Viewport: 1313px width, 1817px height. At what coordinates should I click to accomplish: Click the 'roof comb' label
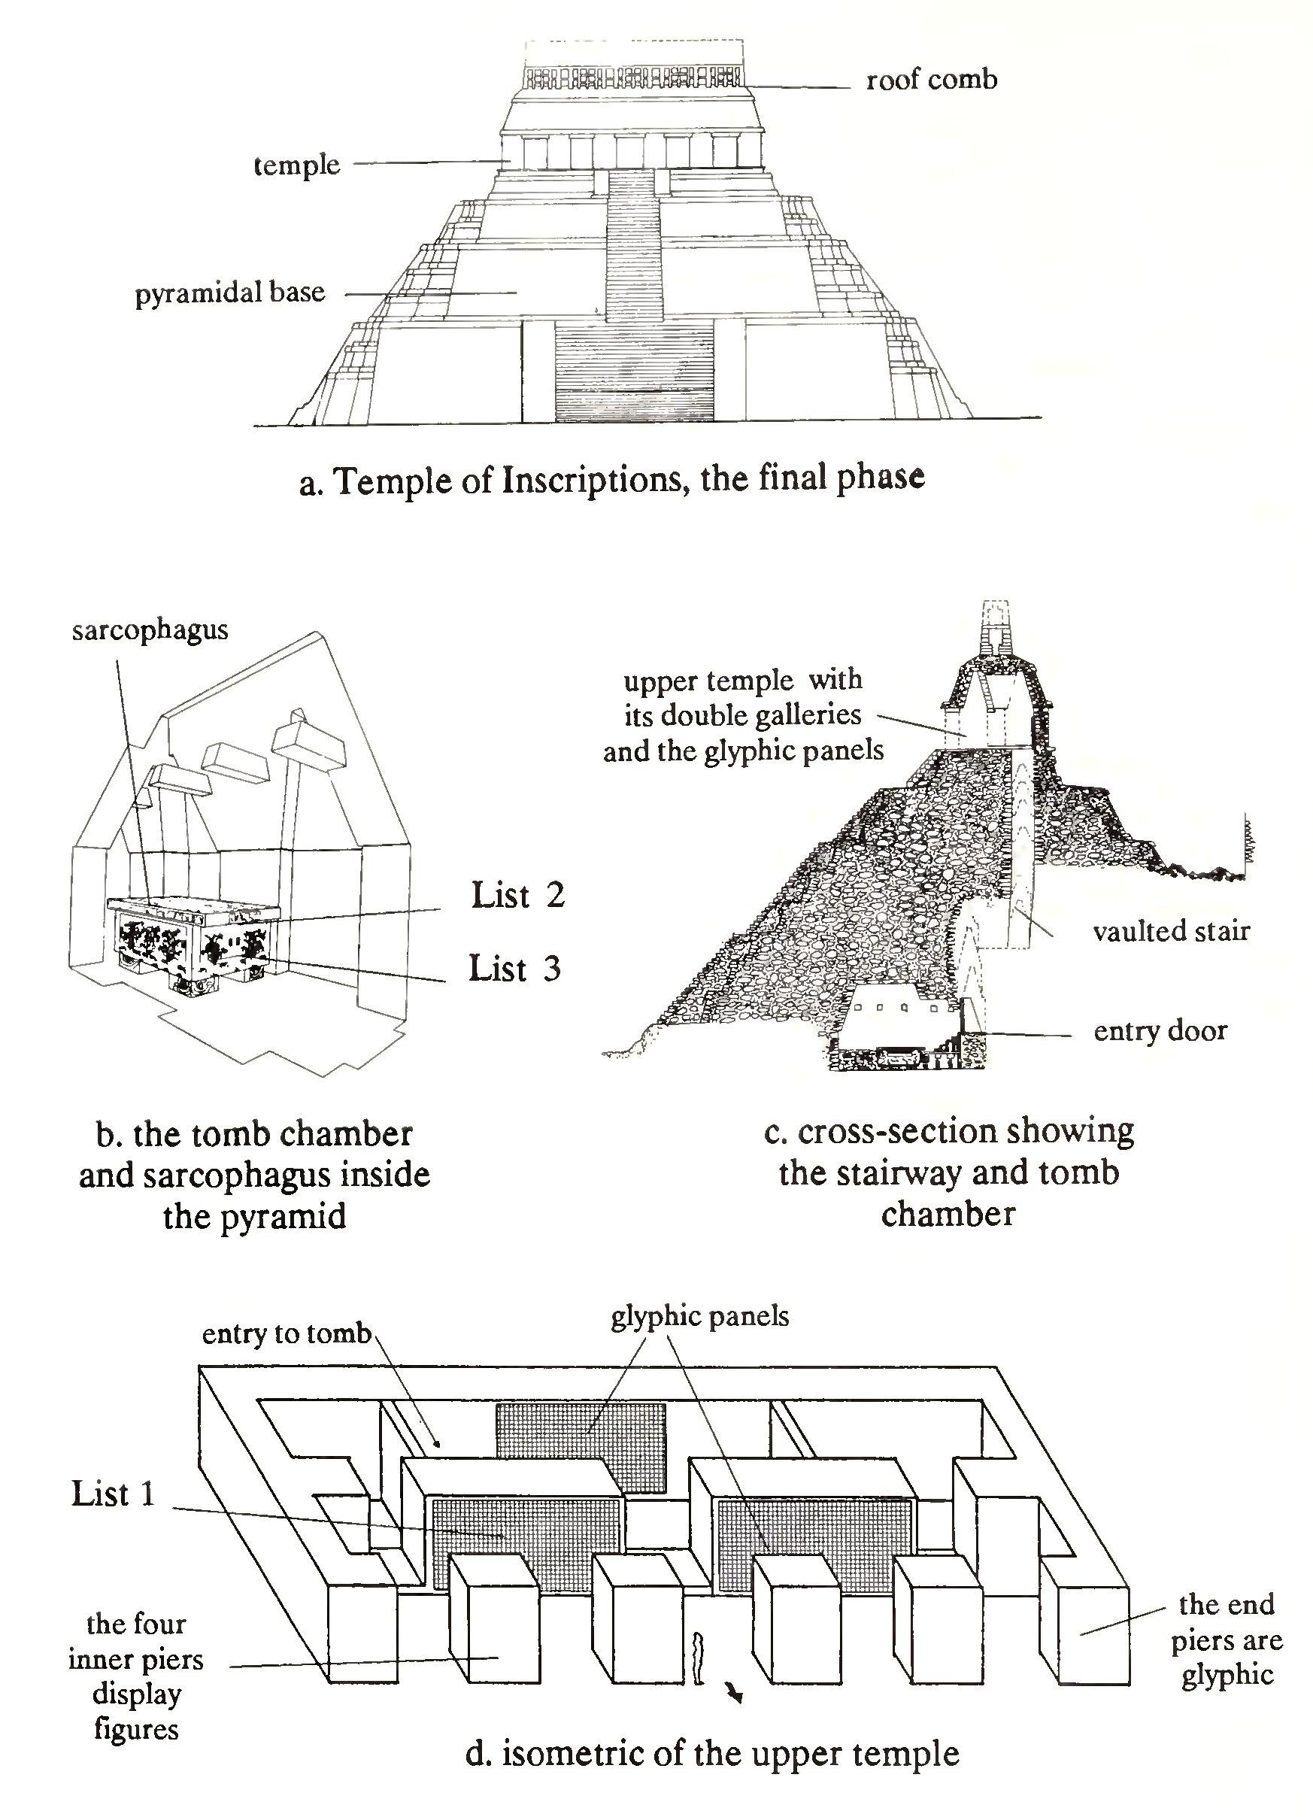931,80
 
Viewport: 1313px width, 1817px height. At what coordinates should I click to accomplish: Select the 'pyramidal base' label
230,293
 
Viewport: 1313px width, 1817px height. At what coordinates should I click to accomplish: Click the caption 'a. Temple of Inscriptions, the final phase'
612,480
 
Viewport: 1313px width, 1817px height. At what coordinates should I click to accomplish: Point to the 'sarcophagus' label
150,630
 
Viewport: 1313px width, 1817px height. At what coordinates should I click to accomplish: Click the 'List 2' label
517,895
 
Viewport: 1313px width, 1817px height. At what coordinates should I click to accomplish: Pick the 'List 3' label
514,969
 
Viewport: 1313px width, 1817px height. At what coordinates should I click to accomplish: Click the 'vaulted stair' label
1171,931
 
